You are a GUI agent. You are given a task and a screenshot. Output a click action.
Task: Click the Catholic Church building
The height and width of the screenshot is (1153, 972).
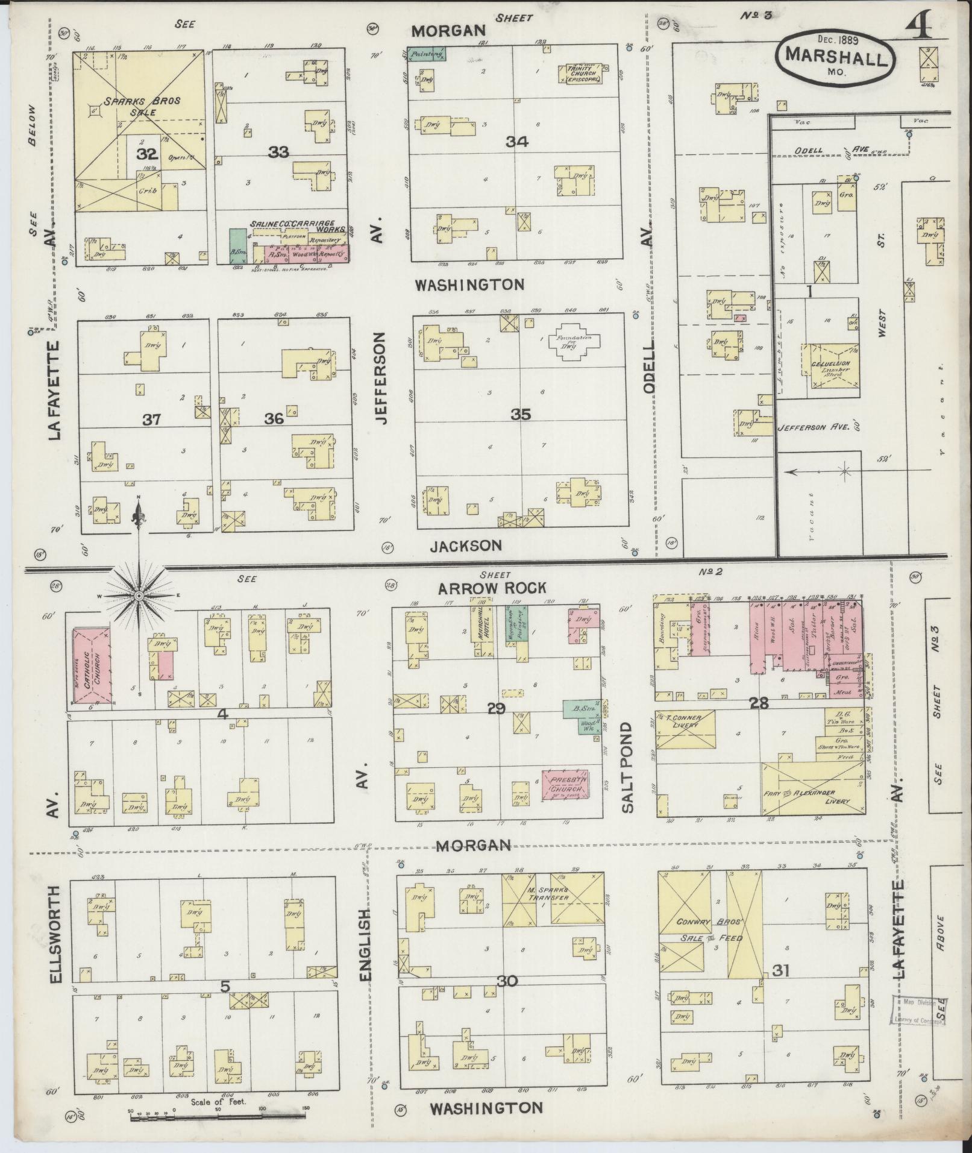click(x=92, y=665)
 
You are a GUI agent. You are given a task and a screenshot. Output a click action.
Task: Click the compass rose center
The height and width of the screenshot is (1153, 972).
click(x=139, y=595)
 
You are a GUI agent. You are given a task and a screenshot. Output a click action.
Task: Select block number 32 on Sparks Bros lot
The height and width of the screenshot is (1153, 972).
click(x=146, y=154)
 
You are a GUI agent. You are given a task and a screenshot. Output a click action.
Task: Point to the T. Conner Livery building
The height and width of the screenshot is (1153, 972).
click(x=685, y=729)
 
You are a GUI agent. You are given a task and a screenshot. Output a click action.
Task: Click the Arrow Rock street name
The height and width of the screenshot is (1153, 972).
click(x=492, y=588)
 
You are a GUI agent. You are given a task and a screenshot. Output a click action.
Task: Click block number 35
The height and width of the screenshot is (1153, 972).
click(x=520, y=415)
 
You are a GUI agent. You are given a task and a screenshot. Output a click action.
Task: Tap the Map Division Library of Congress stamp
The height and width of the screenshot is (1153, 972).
click(x=915, y=1010)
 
